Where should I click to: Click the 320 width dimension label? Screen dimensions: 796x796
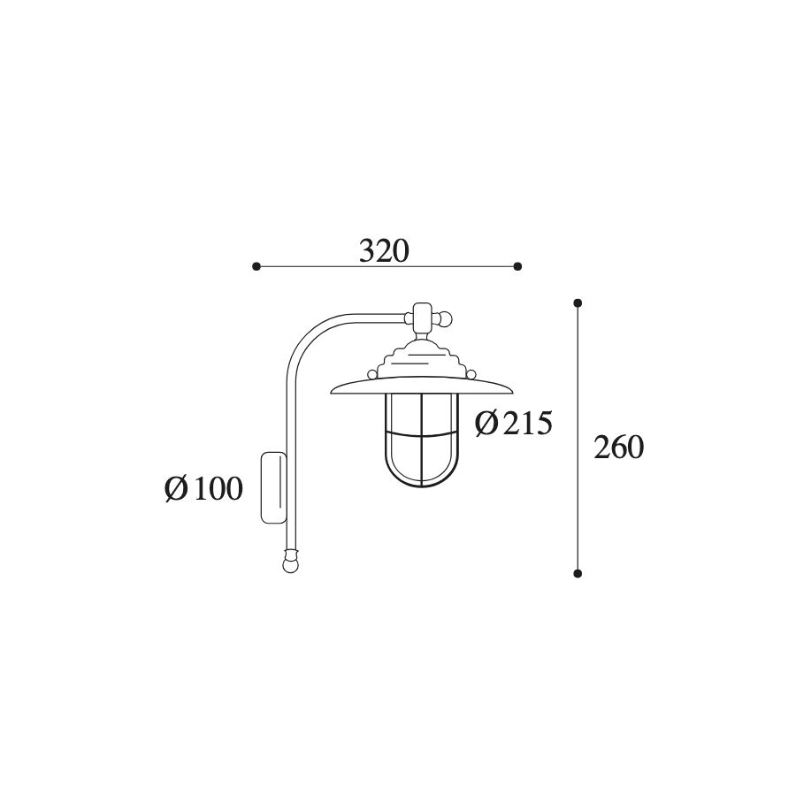pyautogui.click(x=384, y=251)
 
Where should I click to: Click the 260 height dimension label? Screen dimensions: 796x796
pyautogui.click(x=619, y=448)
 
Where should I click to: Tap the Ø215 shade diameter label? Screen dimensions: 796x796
pyautogui.click(x=513, y=424)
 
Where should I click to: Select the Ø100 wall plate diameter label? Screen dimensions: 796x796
pyautogui.click(x=204, y=489)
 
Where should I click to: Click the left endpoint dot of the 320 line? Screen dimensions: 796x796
pyautogui.click(x=256, y=266)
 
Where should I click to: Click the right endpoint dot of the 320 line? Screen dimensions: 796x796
pyautogui.click(x=517, y=266)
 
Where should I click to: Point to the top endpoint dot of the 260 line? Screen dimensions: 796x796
pyautogui.click(x=578, y=303)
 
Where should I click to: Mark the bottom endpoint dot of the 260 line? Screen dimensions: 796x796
pyautogui.click(x=578, y=573)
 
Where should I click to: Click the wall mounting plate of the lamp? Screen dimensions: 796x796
pyautogui.click(x=273, y=487)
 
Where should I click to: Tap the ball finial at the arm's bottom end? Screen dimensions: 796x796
pyautogui.click(x=290, y=564)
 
